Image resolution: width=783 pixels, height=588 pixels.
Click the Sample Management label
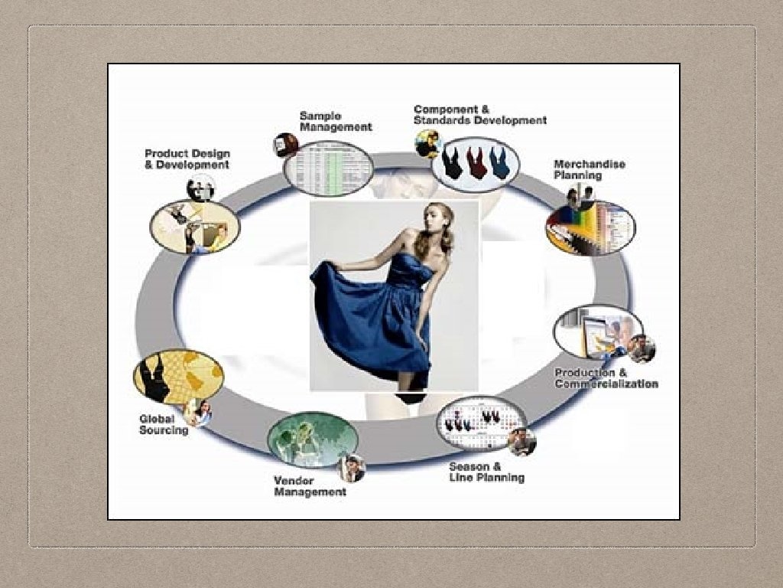click(x=335, y=122)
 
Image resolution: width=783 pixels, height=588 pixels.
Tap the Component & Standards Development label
click(x=479, y=115)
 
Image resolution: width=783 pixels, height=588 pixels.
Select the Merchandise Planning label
click(x=589, y=169)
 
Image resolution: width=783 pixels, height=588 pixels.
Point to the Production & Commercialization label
click(x=606, y=378)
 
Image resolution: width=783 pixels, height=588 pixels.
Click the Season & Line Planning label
click(x=486, y=472)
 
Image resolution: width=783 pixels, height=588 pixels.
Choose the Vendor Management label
click(x=310, y=486)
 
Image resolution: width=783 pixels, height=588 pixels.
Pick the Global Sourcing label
click(x=163, y=424)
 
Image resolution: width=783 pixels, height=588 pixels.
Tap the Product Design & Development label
click(x=187, y=159)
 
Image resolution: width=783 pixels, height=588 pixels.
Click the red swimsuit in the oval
click(x=476, y=162)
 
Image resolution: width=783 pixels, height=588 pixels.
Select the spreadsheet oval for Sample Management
click(x=328, y=168)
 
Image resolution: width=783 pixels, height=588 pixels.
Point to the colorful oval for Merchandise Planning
click(x=590, y=227)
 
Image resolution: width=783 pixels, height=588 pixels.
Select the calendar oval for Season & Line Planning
click(x=481, y=421)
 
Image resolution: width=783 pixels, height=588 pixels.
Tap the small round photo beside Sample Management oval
click(x=285, y=144)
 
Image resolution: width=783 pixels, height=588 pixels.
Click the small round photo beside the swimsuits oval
click(x=427, y=143)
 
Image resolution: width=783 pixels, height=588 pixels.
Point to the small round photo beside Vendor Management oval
click(x=353, y=468)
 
